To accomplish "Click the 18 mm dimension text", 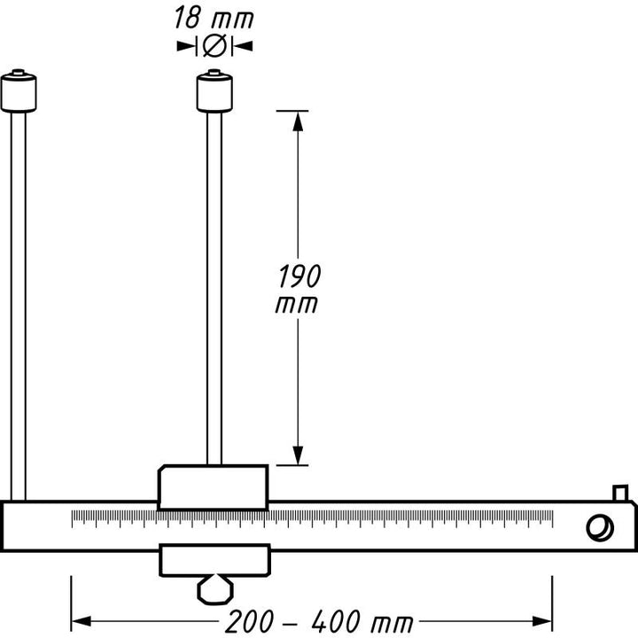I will [214, 18].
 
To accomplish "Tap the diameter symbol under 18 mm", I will [214, 45].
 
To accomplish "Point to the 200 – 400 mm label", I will [312, 623].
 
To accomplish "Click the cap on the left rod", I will [19, 92].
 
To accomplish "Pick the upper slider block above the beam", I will [213, 486].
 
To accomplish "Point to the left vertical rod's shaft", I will [19, 301].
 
